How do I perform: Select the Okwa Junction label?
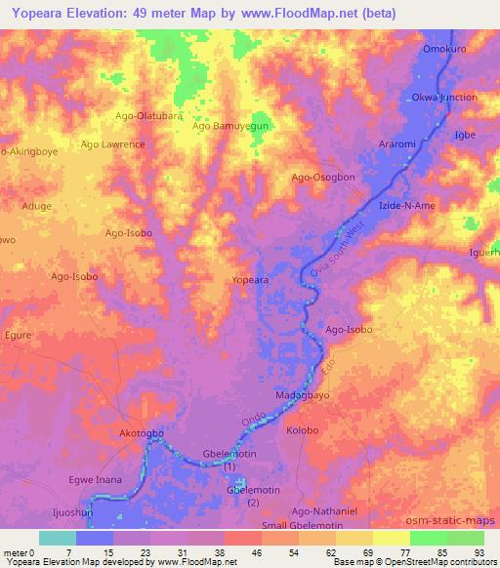pyautogui.click(x=444, y=98)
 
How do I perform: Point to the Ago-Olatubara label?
pyautogui.click(x=149, y=116)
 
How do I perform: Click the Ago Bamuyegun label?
pyautogui.click(x=229, y=127)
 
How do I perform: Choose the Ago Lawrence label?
pyautogui.click(x=113, y=144)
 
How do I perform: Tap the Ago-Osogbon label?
pyautogui.click(x=323, y=178)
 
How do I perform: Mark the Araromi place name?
pyautogui.click(x=397, y=144)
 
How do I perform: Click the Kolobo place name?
pyautogui.click(x=303, y=430)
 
